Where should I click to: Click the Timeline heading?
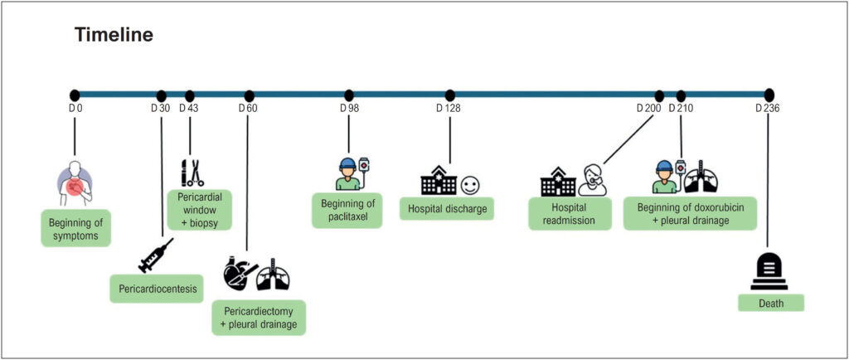tap(114, 35)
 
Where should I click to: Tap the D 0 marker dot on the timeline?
tap(75, 95)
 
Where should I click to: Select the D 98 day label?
tap(349, 109)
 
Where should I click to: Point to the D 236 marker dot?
tap(769, 95)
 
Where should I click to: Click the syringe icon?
tap(156, 255)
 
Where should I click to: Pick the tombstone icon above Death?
tap(769, 273)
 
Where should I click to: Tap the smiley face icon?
tap(470, 187)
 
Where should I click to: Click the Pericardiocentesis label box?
tap(157, 289)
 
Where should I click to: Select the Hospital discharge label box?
tap(447, 209)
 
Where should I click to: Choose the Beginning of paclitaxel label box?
tap(347, 211)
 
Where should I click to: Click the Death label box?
tap(771, 303)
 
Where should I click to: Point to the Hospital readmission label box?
tap(570, 214)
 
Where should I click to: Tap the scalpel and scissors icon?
tap(192, 173)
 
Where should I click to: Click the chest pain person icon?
tap(75, 183)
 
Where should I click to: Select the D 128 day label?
tap(449, 109)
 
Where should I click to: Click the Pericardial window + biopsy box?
tap(199, 210)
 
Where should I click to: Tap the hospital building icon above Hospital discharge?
tap(439, 180)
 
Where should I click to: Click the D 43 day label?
tap(189, 109)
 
